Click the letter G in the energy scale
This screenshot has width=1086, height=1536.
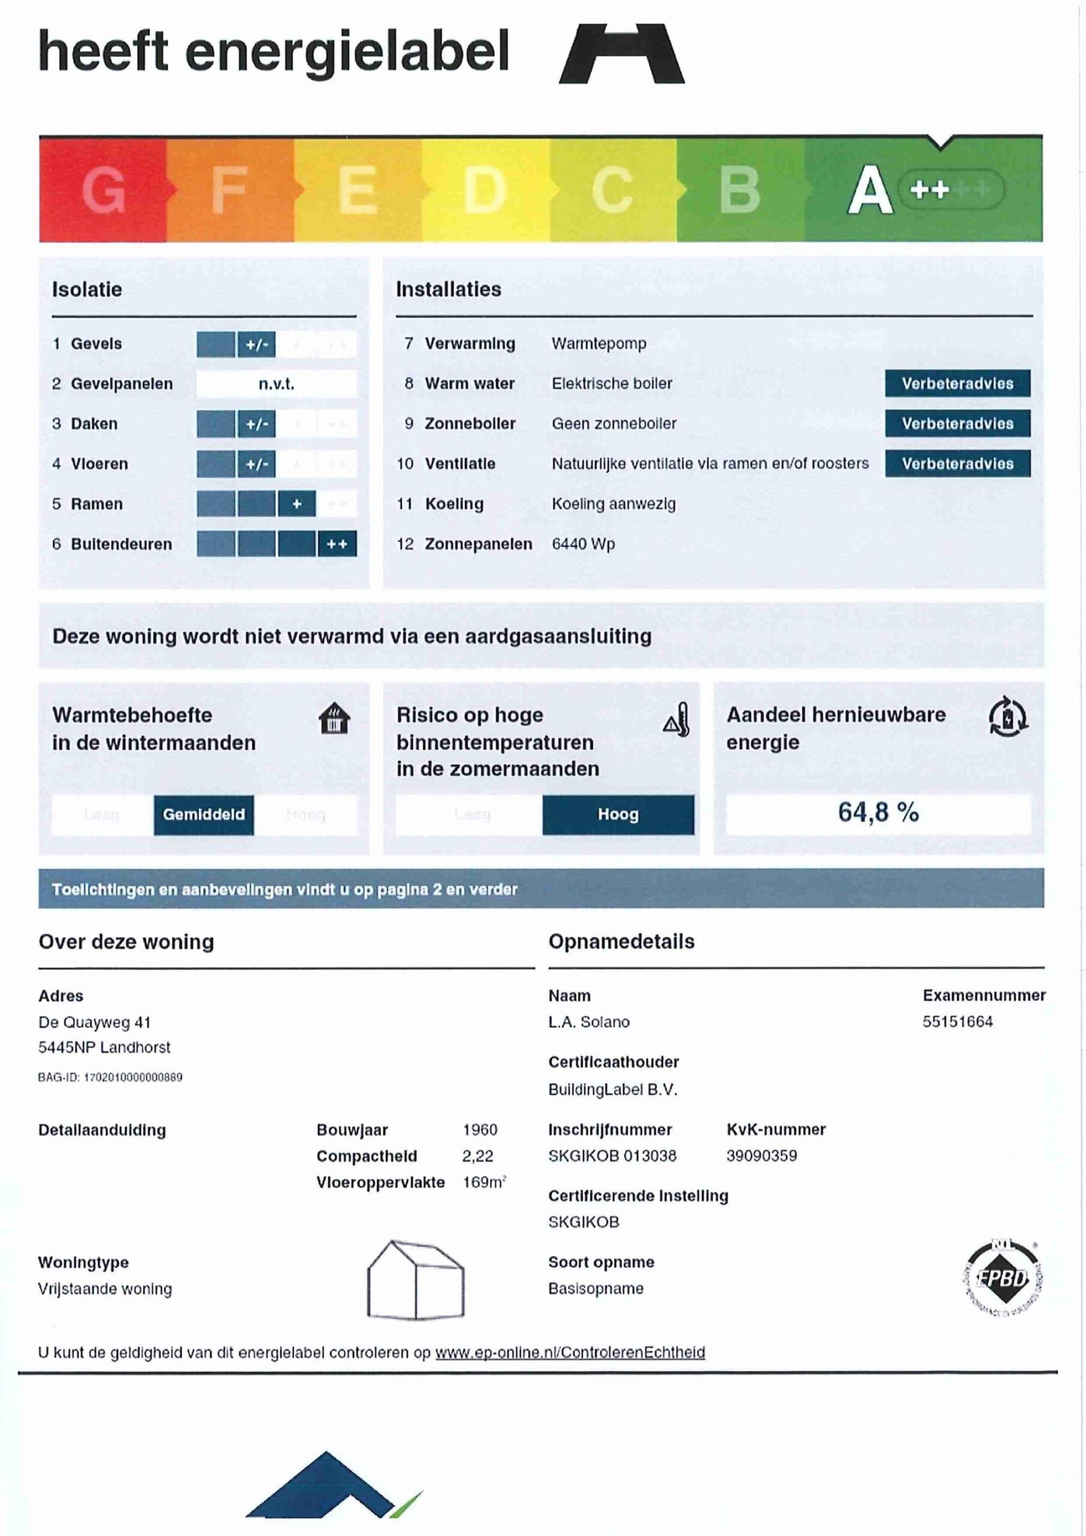tap(104, 190)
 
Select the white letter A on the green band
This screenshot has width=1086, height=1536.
tap(870, 190)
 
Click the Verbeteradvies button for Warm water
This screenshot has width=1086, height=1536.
tap(957, 383)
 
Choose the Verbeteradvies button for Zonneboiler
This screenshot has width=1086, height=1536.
tap(957, 424)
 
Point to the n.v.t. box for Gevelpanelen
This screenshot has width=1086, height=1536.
tap(277, 384)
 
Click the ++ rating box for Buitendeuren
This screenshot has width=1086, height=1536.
tap(337, 544)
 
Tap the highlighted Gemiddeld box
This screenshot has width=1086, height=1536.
tap(203, 814)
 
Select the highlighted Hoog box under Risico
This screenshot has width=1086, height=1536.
tap(617, 814)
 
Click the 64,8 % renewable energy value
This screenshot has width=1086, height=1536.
tap(878, 813)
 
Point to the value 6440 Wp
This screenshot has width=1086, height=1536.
tap(583, 544)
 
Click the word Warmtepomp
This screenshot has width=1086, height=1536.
tap(599, 344)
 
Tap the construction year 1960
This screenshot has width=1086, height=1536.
tap(480, 1130)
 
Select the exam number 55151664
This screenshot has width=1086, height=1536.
tap(958, 1022)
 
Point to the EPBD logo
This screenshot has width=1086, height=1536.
tap(1003, 1278)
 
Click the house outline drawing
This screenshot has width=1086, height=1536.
tap(416, 1280)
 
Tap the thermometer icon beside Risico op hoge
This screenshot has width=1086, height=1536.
tap(677, 720)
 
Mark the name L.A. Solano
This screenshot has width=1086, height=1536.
tap(589, 1022)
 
